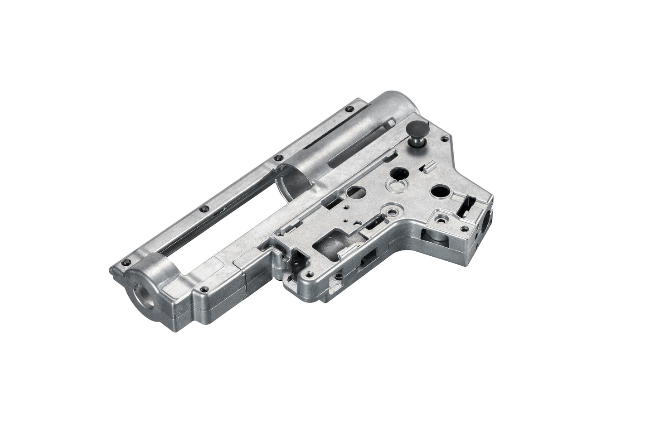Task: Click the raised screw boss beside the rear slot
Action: coord(441,219)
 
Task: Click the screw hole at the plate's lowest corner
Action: coord(309,274)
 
